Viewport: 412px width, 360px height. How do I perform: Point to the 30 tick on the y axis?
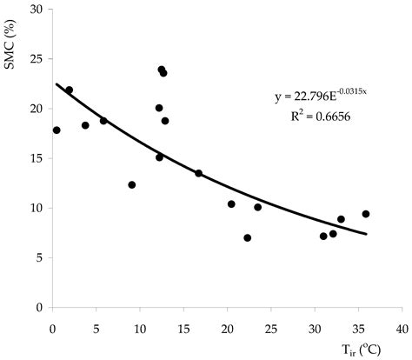coord(37,10)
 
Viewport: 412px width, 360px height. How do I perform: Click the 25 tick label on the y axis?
coord(37,59)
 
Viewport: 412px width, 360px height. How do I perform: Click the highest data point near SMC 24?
coord(162,70)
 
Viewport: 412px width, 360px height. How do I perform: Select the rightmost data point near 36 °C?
coord(366,214)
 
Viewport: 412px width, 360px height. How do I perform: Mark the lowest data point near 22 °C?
coord(247,237)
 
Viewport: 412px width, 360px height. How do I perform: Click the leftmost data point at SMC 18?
coord(56,130)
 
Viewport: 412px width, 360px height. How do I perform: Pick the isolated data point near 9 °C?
coord(132,184)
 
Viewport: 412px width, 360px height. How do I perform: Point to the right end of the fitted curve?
coord(366,234)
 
